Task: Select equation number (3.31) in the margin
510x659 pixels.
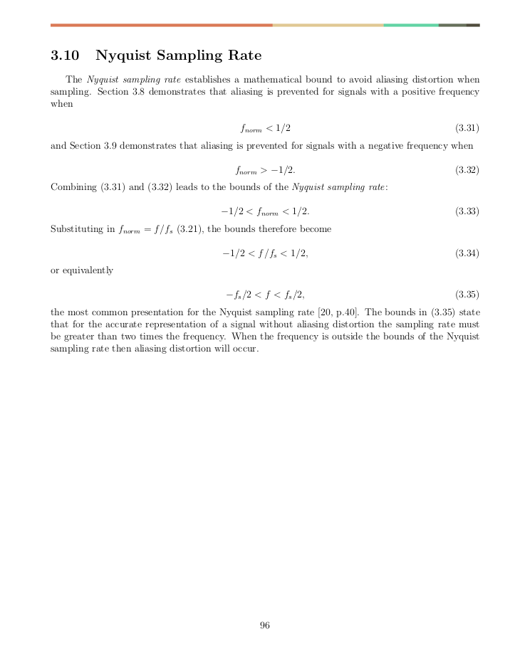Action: (x=467, y=128)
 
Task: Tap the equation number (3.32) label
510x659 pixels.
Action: (x=467, y=170)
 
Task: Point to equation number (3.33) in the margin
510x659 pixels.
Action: (x=467, y=211)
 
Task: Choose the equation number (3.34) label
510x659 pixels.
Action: (x=467, y=253)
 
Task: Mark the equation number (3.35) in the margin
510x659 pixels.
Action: (x=467, y=294)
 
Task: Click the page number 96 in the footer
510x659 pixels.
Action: (x=265, y=626)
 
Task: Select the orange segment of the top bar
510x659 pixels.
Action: (x=162, y=25)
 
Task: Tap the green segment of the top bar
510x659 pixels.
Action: (x=411, y=25)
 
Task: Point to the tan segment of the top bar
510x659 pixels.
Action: (x=328, y=25)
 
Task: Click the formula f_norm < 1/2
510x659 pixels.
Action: (x=265, y=128)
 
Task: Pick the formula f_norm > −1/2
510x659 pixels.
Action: (x=265, y=170)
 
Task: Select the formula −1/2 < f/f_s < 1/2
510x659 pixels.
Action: (x=265, y=253)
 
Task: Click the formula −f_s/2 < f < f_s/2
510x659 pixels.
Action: (x=265, y=294)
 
